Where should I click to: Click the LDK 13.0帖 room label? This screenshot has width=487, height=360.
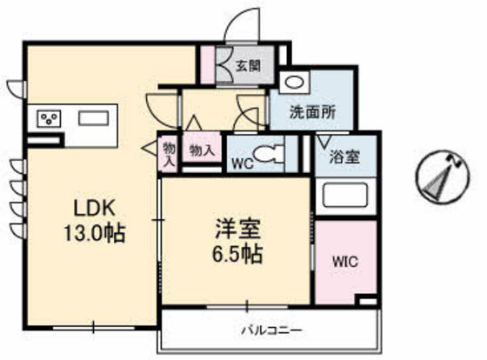[95, 221]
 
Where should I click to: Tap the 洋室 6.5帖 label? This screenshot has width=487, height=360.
[237, 242]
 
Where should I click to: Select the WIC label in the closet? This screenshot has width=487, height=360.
[345, 262]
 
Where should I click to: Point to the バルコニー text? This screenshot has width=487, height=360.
[271, 330]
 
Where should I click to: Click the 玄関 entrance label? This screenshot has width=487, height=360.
[248, 65]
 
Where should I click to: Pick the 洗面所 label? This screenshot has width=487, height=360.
[312, 112]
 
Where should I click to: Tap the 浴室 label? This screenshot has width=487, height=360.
[344, 157]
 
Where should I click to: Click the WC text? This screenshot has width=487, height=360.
[243, 163]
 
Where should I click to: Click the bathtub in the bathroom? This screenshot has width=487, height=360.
[345, 195]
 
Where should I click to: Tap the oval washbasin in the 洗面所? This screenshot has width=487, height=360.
[294, 83]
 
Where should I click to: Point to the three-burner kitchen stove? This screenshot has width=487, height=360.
[49, 118]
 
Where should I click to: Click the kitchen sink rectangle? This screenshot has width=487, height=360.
[94, 118]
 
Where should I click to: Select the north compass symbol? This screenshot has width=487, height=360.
[443, 177]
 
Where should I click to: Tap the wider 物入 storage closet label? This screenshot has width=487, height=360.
[202, 151]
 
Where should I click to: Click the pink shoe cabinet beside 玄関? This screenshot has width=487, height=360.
[207, 64]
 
